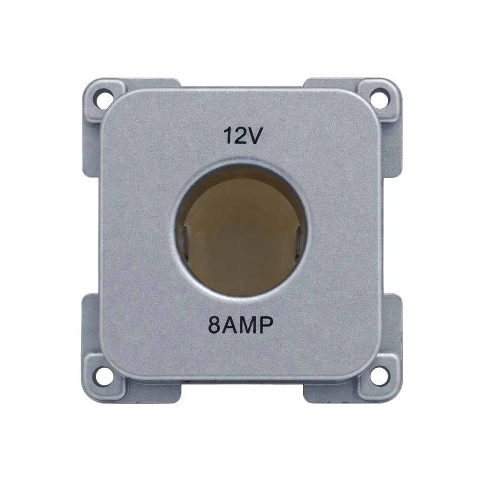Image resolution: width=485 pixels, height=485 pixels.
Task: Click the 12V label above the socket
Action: pos(243,136)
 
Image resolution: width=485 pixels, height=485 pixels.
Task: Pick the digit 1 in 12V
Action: pos(228,136)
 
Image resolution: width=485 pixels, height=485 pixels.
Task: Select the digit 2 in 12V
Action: pos(241,136)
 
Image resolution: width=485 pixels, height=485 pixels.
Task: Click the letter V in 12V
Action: pos(256,136)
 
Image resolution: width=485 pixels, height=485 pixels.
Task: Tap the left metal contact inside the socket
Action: pos(185,238)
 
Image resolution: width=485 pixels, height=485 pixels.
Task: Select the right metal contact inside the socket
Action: pos(300,238)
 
